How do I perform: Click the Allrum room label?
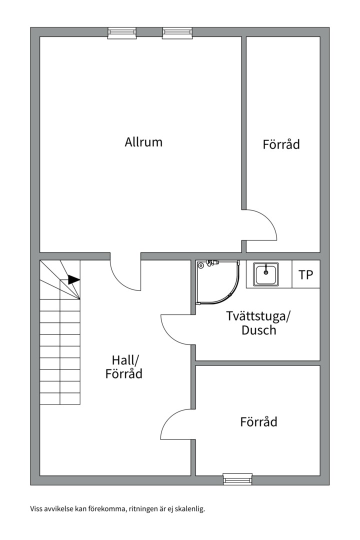(x=143, y=142)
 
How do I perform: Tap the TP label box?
(x=306, y=274)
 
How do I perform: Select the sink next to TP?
(x=266, y=274)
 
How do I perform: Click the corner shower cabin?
(x=217, y=282)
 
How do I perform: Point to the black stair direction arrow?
(x=73, y=279)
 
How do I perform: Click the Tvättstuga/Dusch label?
(x=258, y=323)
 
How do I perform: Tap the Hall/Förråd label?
(x=124, y=367)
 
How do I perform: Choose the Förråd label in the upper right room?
(x=281, y=144)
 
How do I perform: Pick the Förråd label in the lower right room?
(x=258, y=421)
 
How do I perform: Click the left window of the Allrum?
(x=122, y=32)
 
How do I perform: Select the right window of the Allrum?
(x=177, y=32)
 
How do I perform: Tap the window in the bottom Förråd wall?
(x=237, y=479)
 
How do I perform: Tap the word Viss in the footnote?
(x=35, y=508)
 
